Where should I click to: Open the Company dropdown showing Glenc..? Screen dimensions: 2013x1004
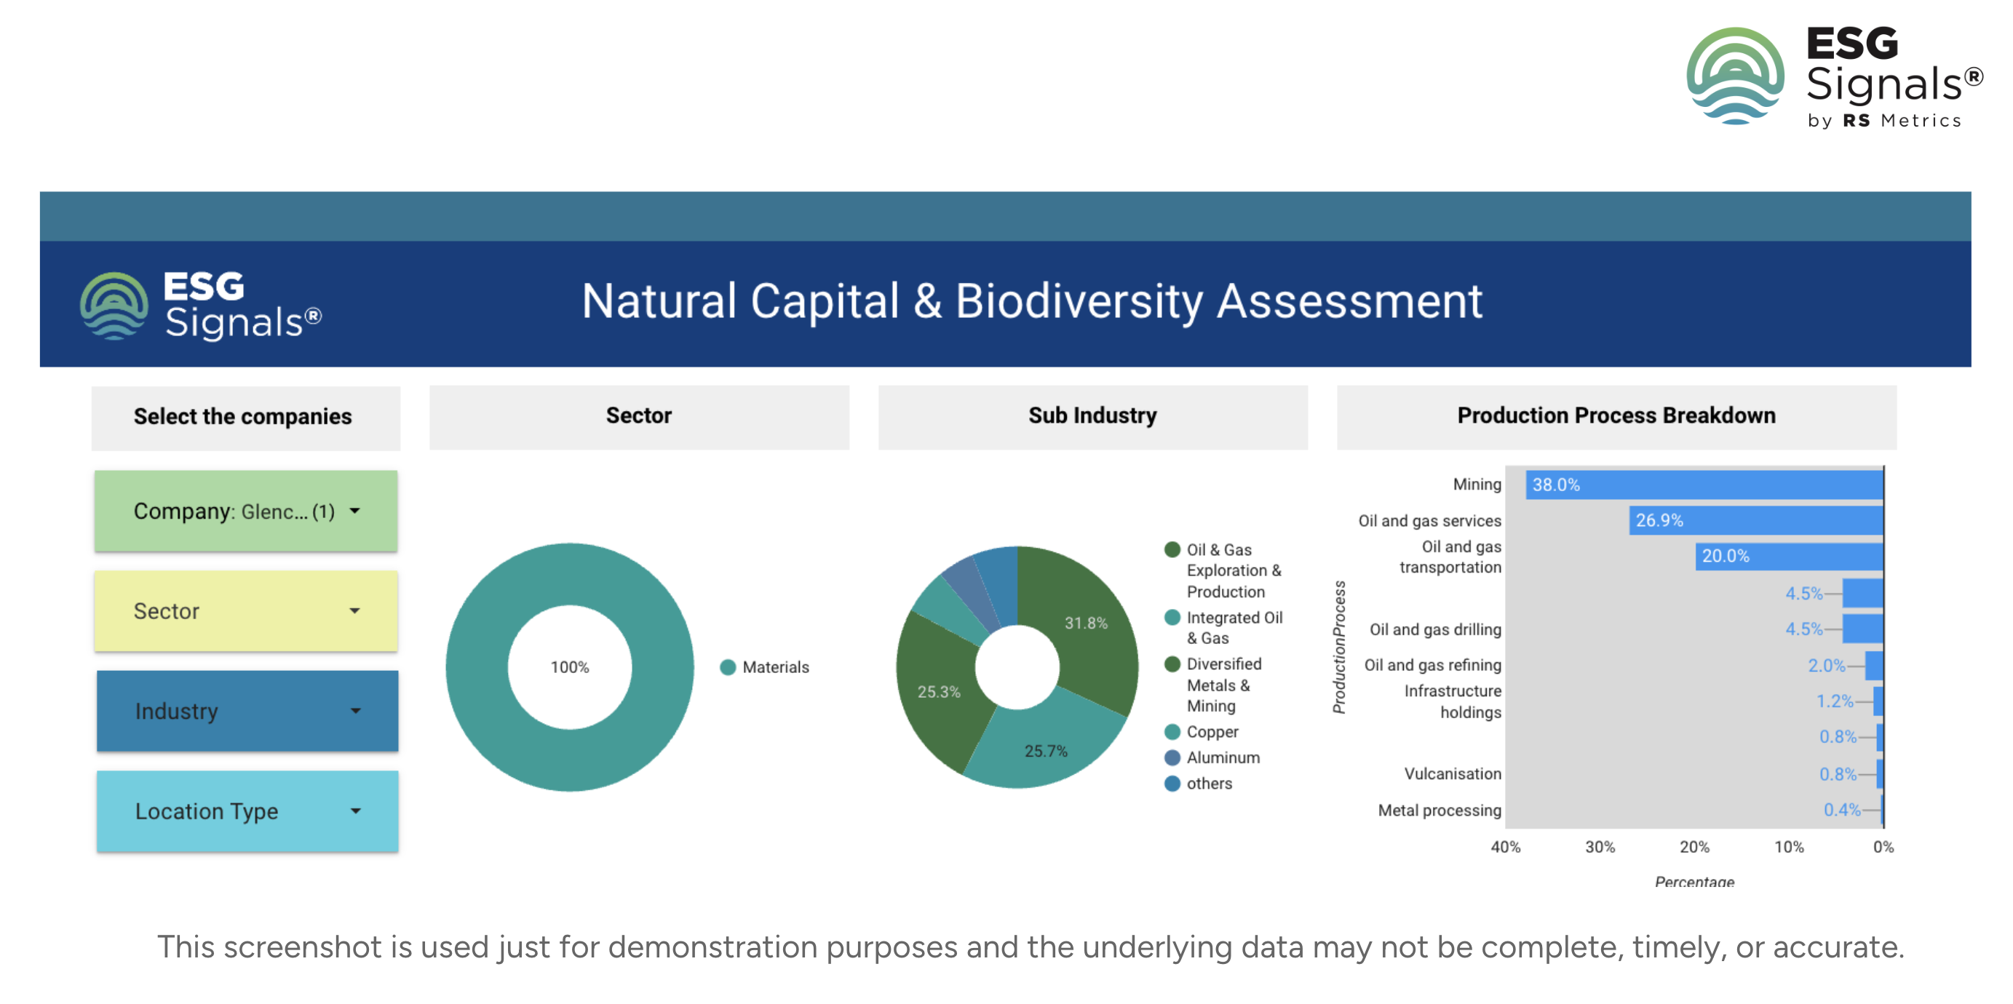[246, 511]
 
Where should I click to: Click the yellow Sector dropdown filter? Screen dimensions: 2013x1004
[246, 611]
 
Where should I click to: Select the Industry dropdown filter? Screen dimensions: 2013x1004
[247, 711]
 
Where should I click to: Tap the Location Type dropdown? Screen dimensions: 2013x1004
[247, 811]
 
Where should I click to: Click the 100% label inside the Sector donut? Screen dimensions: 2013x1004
[570, 667]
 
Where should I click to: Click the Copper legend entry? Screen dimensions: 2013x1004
[1202, 732]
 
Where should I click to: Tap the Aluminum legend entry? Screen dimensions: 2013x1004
[1212, 758]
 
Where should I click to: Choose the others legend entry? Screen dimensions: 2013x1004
[1198, 784]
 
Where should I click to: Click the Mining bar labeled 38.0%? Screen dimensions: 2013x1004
[1704, 485]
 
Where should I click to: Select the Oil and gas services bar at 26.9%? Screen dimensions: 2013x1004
[1756, 520]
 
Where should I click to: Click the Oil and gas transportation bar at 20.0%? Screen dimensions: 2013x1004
[1789, 557]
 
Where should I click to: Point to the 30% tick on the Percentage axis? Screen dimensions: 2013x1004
[1600, 847]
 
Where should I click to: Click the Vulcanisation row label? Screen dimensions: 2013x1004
[1453, 773]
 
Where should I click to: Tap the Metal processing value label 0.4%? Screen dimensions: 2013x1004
[1842, 810]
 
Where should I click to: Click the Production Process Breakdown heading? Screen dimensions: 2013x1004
[1616, 415]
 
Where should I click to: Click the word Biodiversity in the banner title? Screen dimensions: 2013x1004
[1079, 302]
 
